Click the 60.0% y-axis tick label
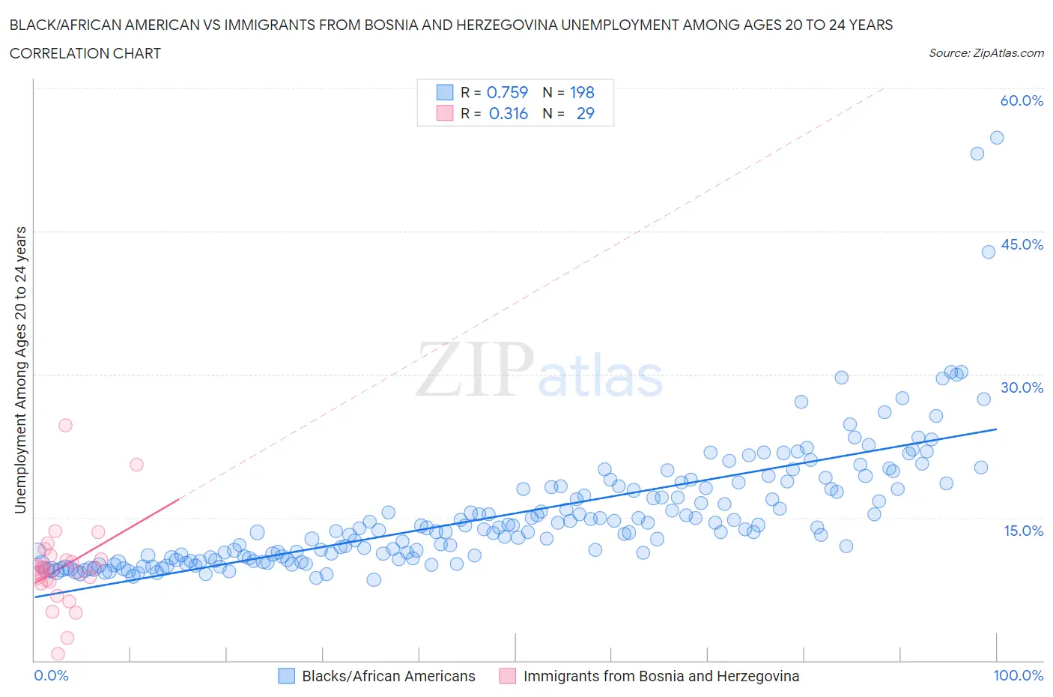[1022, 100]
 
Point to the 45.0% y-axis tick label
[1022, 244]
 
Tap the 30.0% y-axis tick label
[1022, 387]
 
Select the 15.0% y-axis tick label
[1022, 531]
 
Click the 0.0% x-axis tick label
[51, 675]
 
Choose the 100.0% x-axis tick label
[1018, 675]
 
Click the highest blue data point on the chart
[997, 138]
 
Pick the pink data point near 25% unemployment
[65, 425]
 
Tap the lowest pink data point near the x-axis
[58, 654]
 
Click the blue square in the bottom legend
[286, 676]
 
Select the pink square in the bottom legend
[508, 676]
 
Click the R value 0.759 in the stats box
[507, 92]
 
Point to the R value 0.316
[508, 113]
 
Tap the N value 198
[582, 92]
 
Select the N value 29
[585, 113]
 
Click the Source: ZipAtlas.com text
[986, 52]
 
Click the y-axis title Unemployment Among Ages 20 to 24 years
[20, 369]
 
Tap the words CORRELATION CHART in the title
[85, 53]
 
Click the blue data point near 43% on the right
[989, 252]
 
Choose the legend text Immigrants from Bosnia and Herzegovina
[661, 676]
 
